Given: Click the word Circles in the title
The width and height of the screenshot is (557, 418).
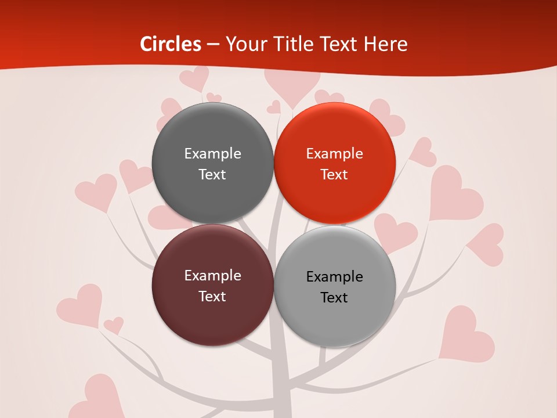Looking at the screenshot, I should [171, 44].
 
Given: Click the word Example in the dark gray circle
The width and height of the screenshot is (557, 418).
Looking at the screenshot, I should [212, 153].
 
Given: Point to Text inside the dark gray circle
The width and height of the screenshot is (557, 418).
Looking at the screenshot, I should [212, 174].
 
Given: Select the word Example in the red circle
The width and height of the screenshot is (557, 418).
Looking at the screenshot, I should [334, 153].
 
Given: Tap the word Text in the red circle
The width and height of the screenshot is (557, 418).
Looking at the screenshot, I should [334, 174].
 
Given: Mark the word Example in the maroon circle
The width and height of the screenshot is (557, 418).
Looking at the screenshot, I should [212, 275].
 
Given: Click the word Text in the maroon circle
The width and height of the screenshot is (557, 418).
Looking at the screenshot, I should [212, 296].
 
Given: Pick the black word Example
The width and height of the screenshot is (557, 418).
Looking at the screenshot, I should [334, 276].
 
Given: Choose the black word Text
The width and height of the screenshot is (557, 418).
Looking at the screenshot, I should [334, 297].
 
